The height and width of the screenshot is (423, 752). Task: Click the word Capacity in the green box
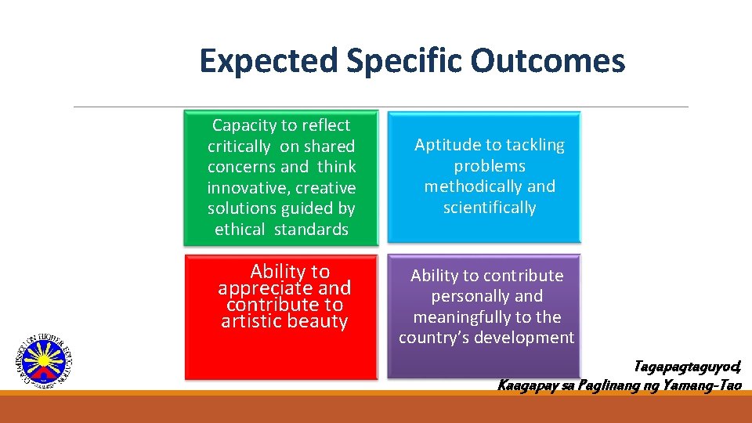pyautogui.click(x=244, y=125)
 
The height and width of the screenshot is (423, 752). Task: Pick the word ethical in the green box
pyautogui.click(x=240, y=230)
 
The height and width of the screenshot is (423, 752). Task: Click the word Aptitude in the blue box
pyautogui.click(x=443, y=145)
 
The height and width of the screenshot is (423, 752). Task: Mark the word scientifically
pyautogui.click(x=490, y=208)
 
